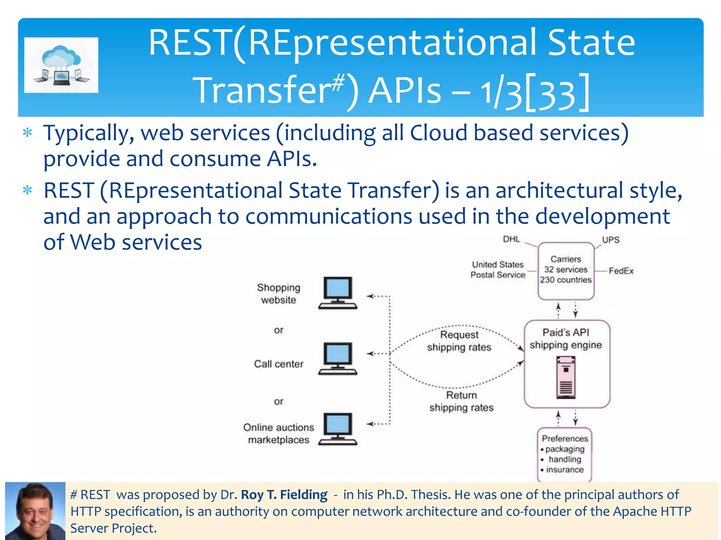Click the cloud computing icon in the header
pos(61,65)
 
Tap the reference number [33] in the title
pos(557,93)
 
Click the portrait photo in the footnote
pos(35,510)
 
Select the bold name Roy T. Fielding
pos(284,495)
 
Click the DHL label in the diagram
pos(511,239)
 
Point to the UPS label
pos(610,240)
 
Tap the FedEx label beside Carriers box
pos(621,271)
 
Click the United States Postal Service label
pos(497,270)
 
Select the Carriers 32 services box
pos(566,270)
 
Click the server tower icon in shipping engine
pos(566,377)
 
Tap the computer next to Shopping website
pos(338,293)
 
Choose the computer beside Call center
pos(338,358)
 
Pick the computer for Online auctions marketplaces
pos(338,429)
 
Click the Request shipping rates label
pos(459,341)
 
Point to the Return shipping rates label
pos(461,401)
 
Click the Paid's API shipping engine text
pos(565,339)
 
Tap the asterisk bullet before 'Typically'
pos(27,134)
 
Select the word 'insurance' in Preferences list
pos(565,470)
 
